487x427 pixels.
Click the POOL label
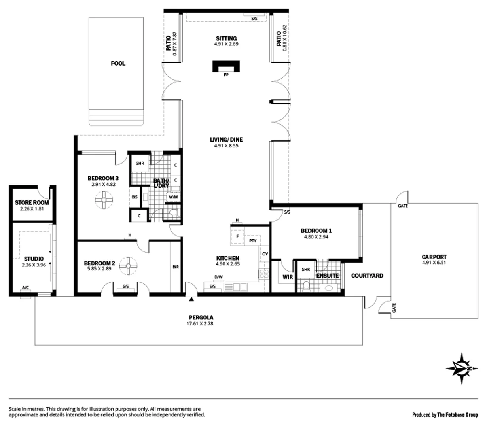118,63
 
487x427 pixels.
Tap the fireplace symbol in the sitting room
226,66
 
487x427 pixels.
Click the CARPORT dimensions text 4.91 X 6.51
434,262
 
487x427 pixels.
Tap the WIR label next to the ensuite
288,277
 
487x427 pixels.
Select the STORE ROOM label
32,202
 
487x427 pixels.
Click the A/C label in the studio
26,287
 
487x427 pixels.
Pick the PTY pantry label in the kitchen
253,240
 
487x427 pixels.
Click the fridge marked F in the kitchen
237,237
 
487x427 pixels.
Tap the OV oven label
265,254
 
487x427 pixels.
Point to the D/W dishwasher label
218,277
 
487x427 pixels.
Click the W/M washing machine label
173,196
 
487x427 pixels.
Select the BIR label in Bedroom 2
176,267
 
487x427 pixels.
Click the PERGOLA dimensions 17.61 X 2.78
200,323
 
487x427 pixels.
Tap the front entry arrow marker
192,299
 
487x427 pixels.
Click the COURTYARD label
367,276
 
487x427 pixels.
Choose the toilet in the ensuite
306,284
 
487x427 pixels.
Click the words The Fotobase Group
458,415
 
